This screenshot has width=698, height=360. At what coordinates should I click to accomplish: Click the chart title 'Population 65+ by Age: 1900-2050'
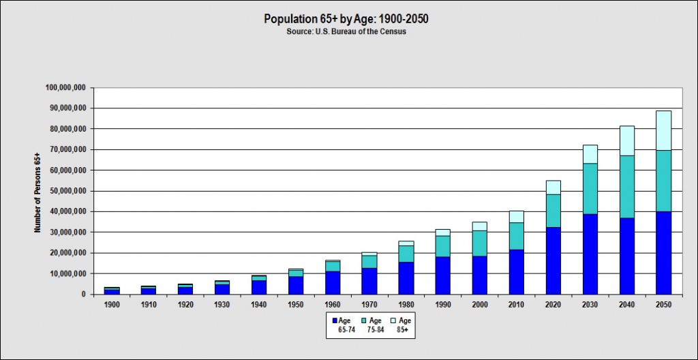pos(346,19)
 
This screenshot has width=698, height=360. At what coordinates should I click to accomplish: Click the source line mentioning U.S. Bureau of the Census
pos(346,32)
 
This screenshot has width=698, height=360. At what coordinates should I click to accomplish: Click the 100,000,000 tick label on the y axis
pos(65,88)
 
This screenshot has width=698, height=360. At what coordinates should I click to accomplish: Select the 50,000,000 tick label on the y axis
pos(67,191)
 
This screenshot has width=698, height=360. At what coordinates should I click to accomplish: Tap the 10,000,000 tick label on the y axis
pos(67,273)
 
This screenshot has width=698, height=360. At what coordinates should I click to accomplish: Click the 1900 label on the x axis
pos(112,305)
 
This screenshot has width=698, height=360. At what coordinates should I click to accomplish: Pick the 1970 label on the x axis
pos(369,305)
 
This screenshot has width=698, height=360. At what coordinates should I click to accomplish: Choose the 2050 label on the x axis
pos(663,305)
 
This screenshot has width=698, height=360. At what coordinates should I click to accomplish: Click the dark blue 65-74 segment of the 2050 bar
pos(663,252)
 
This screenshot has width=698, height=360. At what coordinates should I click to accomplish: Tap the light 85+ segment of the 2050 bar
pos(663,130)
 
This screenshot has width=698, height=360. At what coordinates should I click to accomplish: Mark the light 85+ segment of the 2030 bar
pos(590,154)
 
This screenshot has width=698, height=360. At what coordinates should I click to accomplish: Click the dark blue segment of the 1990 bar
pos(443,275)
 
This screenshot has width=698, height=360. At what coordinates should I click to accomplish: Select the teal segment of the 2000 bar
pos(480,243)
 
